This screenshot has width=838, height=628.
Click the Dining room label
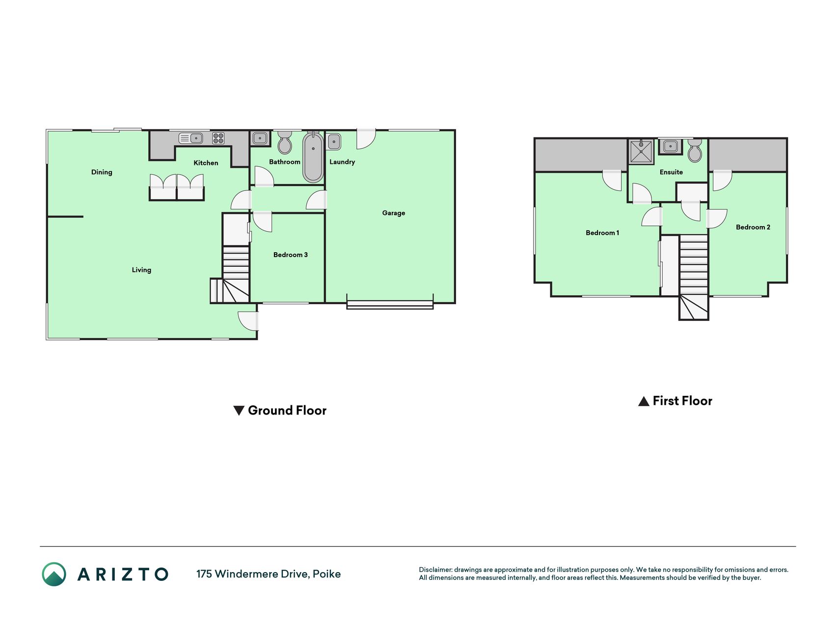(102, 172)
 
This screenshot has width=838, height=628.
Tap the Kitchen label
(206, 163)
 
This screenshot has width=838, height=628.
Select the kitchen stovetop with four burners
(218, 138)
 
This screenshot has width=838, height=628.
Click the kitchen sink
(191, 138)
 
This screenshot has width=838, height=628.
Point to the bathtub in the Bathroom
(313, 157)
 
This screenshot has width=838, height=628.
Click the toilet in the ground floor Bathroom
(285, 143)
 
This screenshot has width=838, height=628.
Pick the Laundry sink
(334, 142)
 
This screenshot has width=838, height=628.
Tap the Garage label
(394, 213)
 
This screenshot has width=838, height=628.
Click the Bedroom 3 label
(291, 255)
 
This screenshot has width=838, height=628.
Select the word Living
(141, 270)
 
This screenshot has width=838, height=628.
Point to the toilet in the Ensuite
(695, 151)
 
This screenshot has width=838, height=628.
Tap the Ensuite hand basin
(670, 146)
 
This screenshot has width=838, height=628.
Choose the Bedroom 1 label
(602, 233)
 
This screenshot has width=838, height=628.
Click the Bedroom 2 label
(753, 227)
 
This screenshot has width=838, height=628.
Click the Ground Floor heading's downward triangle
(239, 411)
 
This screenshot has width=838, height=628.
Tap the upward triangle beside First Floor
(644, 401)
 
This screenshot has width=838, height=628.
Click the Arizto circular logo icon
(54, 574)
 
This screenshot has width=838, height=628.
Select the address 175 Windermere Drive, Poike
(269, 574)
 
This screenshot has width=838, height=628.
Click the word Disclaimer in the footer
(435, 570)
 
